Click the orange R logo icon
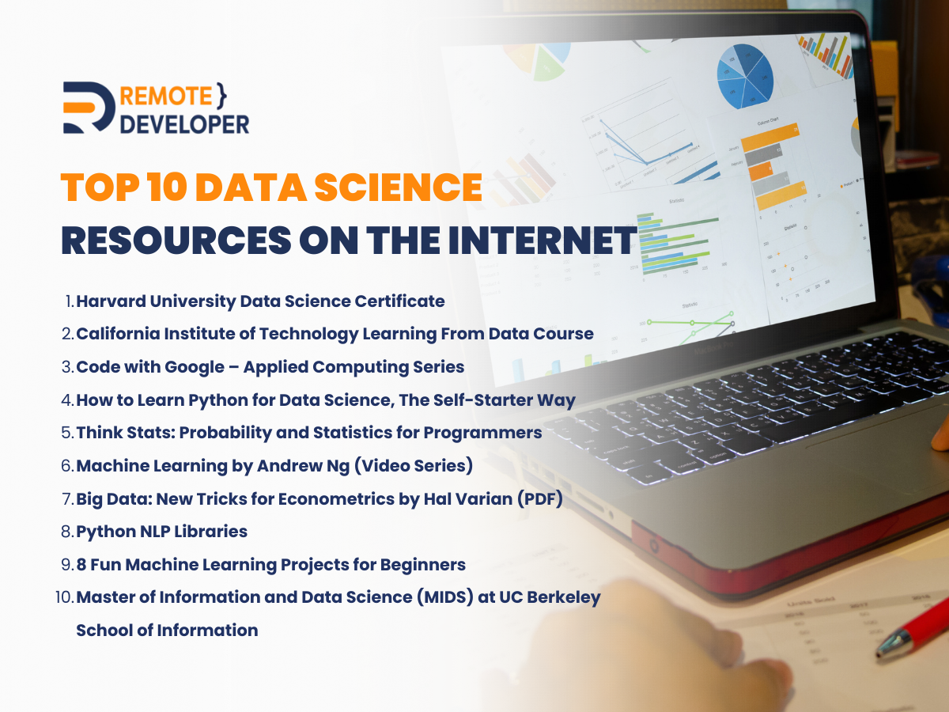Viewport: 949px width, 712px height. tap(90, 107)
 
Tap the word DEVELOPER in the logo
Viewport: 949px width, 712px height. tap(184, 123)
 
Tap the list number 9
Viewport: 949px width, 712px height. tap(66, 565)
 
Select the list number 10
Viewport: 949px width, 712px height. tap(63, 597)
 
